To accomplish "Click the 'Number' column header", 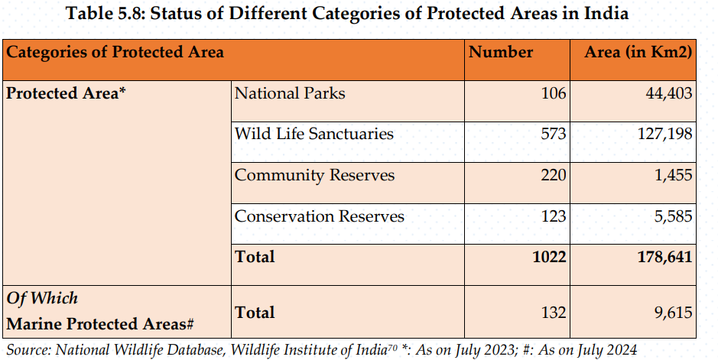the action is pos(501,52).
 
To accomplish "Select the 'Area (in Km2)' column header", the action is pos(638,52).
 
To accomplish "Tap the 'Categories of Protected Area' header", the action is pos(115,52).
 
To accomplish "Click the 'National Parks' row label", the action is pos(290,93).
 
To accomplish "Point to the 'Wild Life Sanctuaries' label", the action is pos(314,134).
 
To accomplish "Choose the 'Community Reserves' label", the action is pos(314,175).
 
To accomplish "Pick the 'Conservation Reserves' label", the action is pos(320,216).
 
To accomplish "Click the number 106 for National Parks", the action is pos(553,93).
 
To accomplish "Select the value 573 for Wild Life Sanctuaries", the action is pos(553,134).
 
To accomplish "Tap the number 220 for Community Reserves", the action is pos(553,175).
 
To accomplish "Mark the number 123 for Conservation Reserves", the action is pos(553,216).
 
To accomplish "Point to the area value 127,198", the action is pos(665,134).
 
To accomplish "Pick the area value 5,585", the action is pos(673,216).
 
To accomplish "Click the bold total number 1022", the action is pos(549,257).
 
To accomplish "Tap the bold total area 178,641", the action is pos(665,257).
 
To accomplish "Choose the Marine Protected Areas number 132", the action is pos(553,313).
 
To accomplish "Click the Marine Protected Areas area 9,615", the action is pos(673,313).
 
